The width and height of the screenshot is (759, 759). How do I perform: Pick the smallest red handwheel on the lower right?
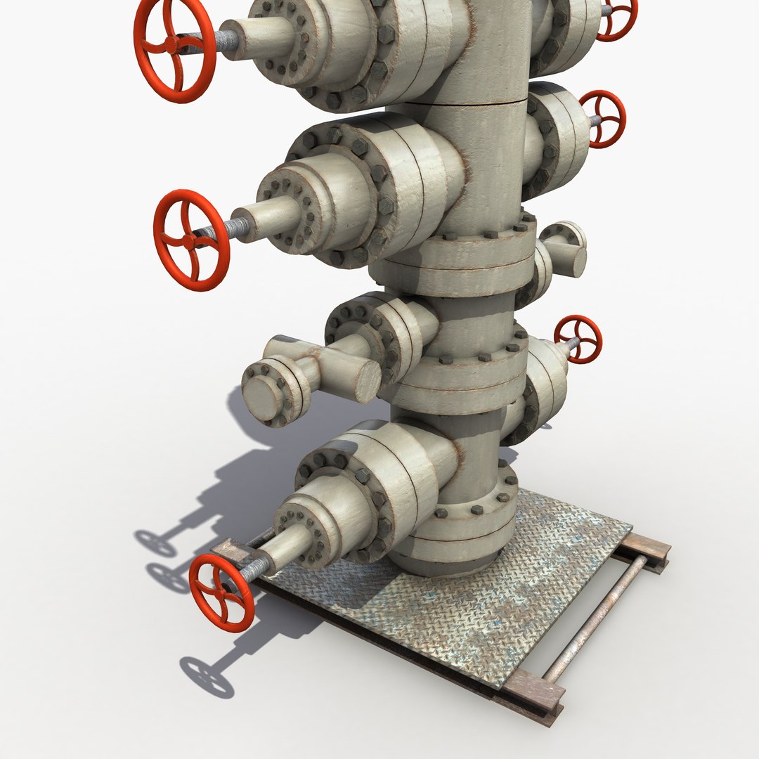pyautogui.click(x=578, y=339)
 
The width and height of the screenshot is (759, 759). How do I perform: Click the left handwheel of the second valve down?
pyautogui.click(x=191, y=240)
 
